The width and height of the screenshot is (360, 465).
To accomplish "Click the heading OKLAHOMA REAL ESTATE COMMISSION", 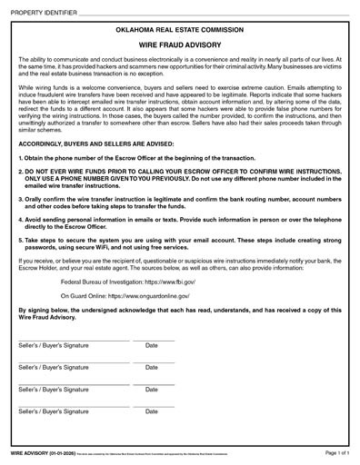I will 180,30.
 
